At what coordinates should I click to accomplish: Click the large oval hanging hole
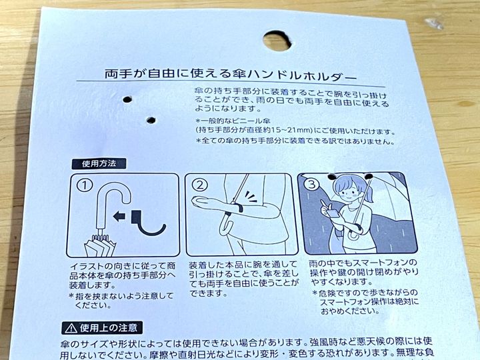[x=277, y=40]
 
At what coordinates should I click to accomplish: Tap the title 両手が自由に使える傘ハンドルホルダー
[x=231, y=75]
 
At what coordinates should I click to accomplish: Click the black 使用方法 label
[x=99, y=164]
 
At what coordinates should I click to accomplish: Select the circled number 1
[x=85, y=185]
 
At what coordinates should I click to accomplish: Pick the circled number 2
[x=200, y=185]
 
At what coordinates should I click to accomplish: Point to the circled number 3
[x=311, y=184]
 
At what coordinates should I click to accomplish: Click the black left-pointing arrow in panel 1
[x=119, y=216]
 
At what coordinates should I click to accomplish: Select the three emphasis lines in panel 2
[x=251, y=196]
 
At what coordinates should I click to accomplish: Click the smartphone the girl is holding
[x=332, y=211]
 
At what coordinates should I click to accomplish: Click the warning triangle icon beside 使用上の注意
[x=71, y=329]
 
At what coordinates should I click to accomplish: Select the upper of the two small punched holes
[x=127, y=99]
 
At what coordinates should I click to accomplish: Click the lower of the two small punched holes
[x=151, y=120]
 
